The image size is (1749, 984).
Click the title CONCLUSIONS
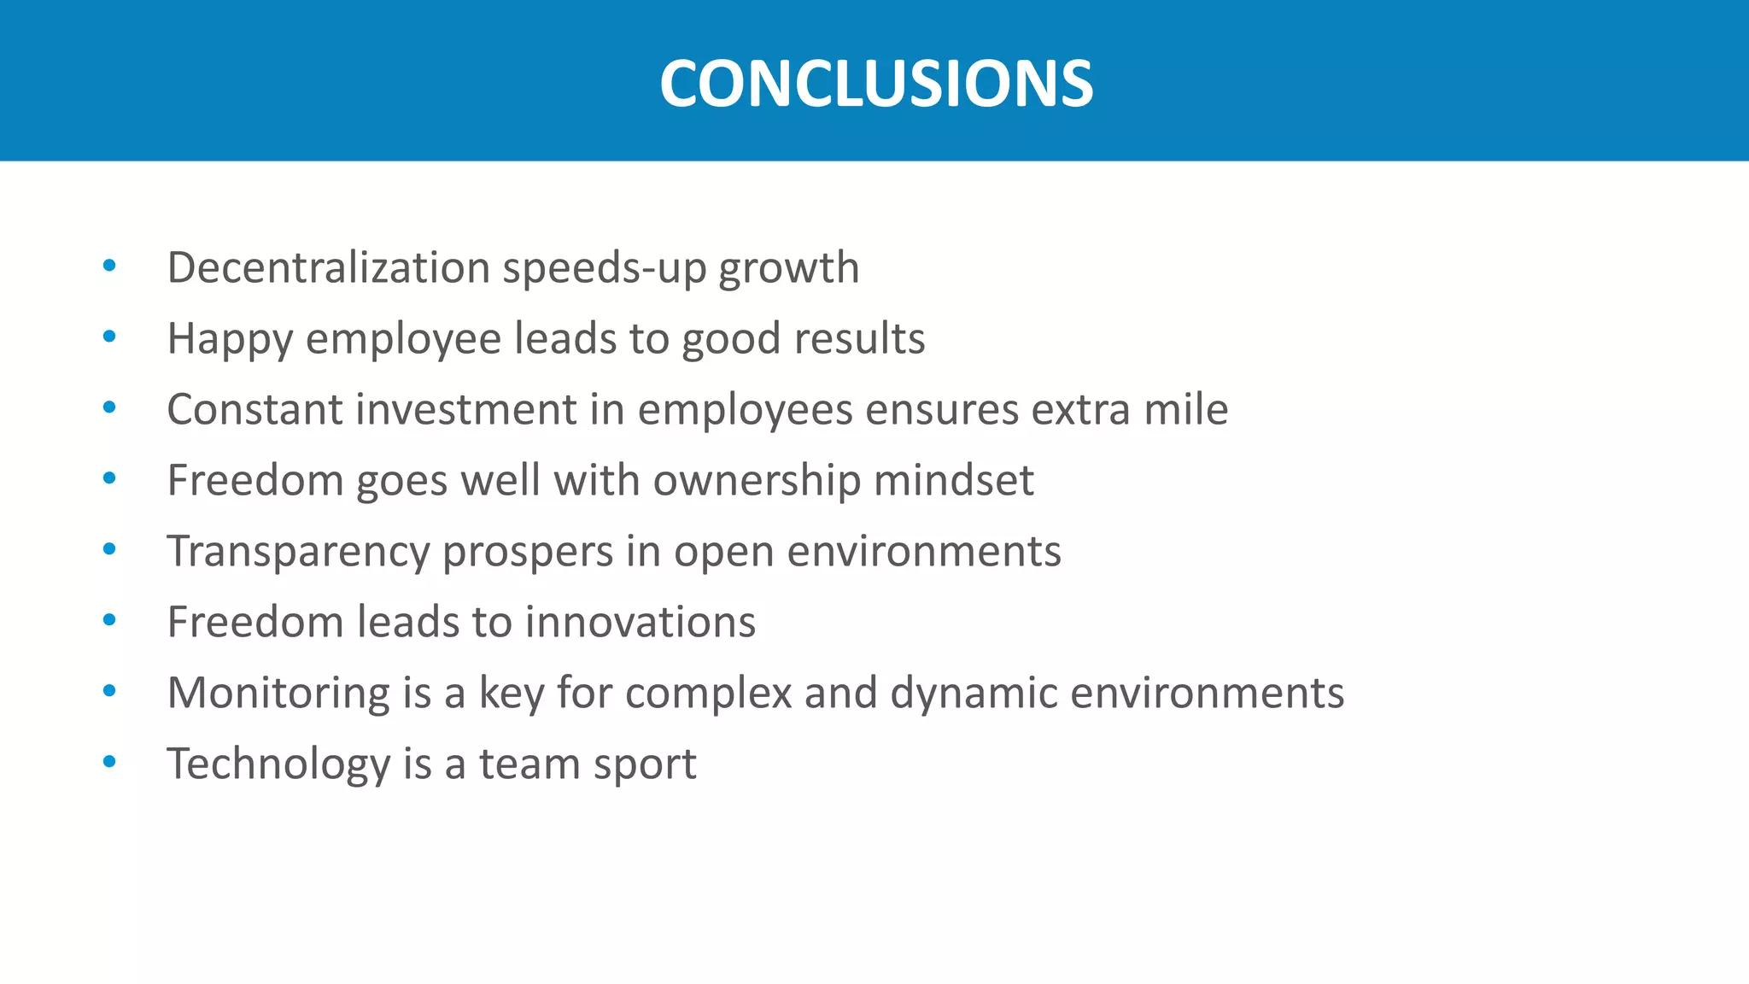tap(875, 84)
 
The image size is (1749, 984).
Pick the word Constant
tap(254, 409)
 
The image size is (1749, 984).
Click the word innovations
tap(640, 622)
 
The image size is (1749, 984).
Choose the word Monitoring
tap(278, 694)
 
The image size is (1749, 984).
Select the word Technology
tap(278, 764)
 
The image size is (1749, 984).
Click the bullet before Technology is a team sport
tap(109, 761)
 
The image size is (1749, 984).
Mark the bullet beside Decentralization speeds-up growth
tap(109, 266)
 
